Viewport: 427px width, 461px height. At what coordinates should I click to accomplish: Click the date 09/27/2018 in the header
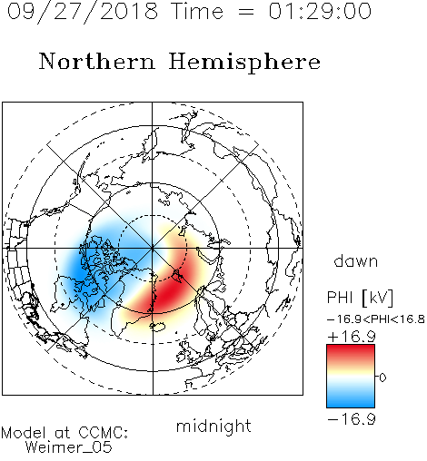point(83,12)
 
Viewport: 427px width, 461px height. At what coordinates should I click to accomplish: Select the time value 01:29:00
point(320,12)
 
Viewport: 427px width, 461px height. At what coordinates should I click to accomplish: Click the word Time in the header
point(197,12)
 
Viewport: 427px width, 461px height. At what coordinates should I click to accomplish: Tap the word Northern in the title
point(97,61)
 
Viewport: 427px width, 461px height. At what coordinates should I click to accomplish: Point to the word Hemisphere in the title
point(244,63)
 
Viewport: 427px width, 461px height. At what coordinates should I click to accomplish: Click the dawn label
point(356,260)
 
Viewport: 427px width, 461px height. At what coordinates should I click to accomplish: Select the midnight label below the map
point(213,426)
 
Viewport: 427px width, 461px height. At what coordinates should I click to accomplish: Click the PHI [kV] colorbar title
point(360,298)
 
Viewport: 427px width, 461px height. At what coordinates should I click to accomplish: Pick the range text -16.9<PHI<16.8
point(376,319)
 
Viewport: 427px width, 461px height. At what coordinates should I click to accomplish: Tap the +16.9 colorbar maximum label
point(352,337)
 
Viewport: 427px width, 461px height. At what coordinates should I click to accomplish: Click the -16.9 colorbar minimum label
point(352,419)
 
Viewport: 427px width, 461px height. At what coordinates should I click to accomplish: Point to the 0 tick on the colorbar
point(382,378)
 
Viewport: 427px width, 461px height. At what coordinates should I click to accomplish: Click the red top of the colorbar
point(351,351)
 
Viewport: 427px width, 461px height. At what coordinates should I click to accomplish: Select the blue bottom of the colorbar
point(351,401)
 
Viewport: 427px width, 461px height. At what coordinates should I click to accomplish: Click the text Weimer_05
point(69,447)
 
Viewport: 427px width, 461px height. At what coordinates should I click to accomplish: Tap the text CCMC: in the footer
point(103,433)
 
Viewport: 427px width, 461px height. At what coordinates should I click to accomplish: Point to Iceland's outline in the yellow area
point(158,327)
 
